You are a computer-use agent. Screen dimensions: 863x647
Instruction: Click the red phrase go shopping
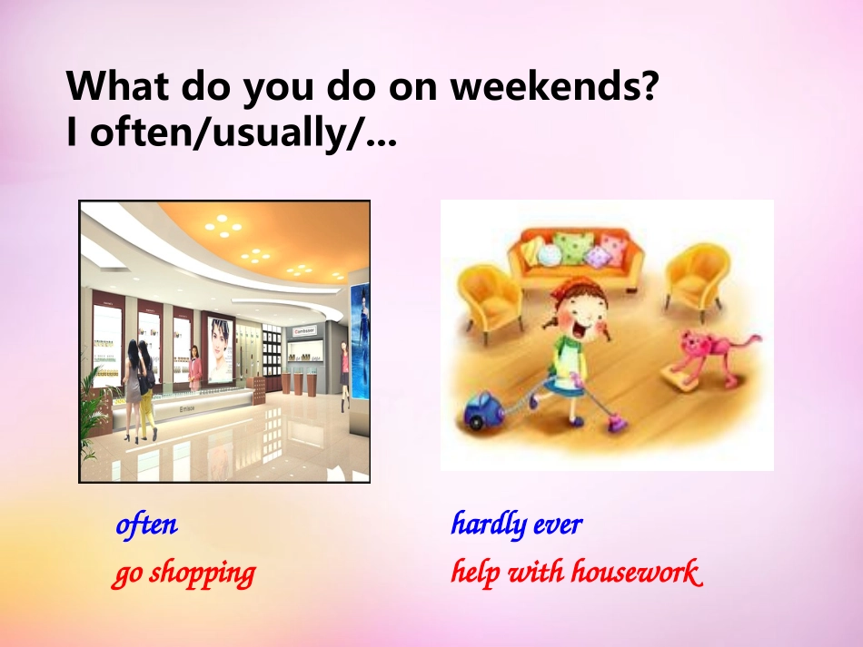(184, 573)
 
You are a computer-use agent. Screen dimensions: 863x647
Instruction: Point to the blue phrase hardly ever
(516, 524)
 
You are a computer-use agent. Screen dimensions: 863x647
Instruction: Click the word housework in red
(636, 572)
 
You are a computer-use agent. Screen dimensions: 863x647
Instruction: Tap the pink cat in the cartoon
(716, 356)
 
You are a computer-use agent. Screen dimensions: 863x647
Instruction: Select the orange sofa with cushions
(575, 259)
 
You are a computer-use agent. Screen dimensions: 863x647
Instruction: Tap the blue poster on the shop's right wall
(361, 341)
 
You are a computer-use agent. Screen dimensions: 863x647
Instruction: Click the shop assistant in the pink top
(194, 368)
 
